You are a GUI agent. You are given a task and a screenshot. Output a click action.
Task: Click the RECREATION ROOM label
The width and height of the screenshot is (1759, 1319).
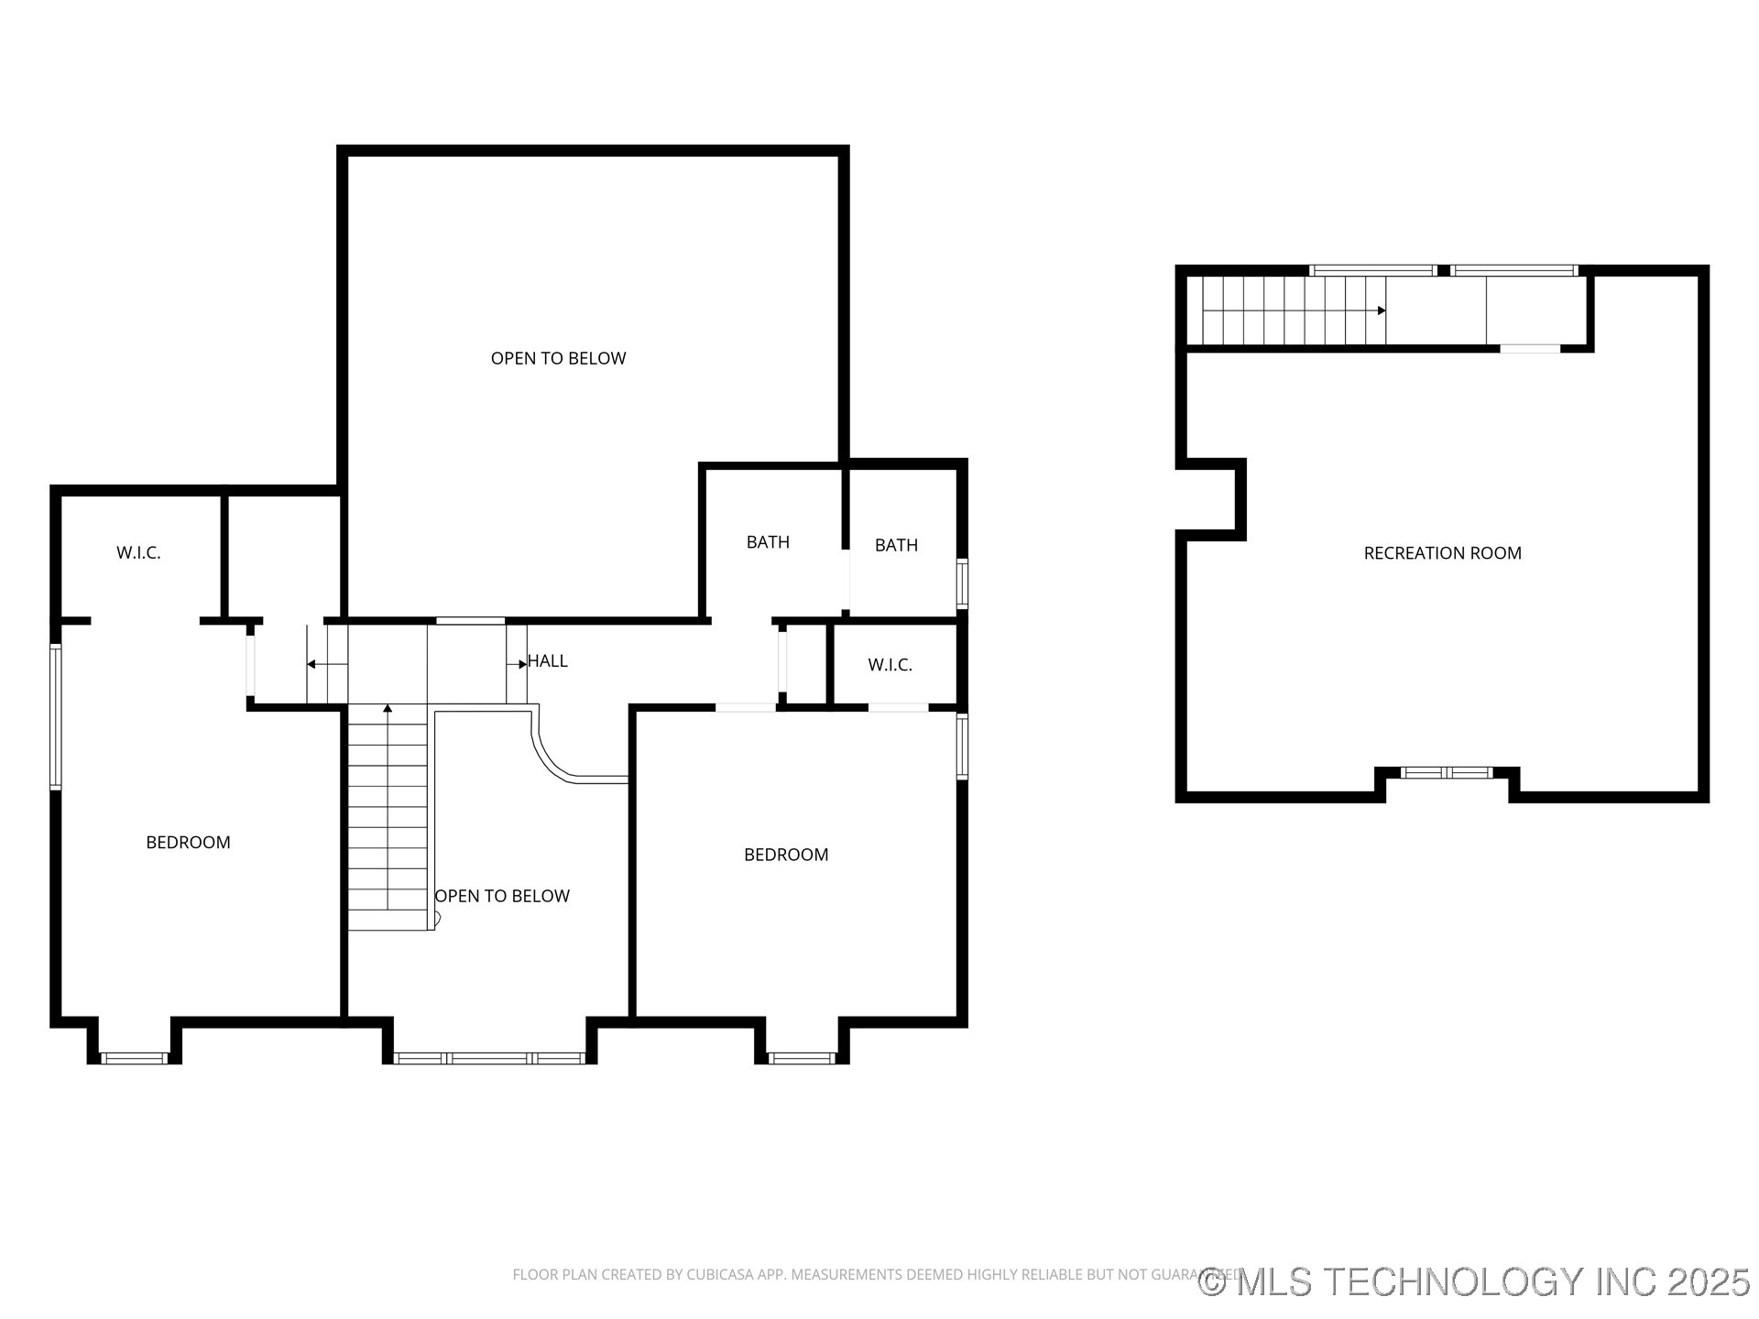(1442, 553)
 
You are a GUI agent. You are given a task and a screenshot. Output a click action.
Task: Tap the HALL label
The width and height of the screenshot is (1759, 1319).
(548, 661)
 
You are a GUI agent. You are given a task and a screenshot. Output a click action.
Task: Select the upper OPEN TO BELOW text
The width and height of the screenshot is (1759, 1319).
(558, 358)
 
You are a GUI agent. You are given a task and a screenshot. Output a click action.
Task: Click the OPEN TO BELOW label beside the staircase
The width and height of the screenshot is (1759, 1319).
(502, 896)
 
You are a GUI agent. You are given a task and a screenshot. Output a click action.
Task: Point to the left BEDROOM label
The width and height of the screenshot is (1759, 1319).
(188, 843)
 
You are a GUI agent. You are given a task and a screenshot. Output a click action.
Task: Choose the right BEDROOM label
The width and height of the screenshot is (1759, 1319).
(786, 855)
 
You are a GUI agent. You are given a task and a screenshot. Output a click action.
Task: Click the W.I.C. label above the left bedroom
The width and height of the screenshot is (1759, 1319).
(138, 553)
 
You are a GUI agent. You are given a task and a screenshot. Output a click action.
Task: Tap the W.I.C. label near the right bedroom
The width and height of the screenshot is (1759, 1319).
(890, 665)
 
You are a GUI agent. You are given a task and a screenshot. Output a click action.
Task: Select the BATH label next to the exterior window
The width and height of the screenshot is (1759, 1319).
(896, 546)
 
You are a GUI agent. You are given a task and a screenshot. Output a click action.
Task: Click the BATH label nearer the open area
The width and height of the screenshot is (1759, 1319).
(768, 542)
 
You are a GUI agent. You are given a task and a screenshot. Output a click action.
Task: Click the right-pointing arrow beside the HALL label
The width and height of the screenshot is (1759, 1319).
(522, 664)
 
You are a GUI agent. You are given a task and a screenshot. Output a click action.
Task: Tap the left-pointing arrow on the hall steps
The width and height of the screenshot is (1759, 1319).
(312, 664)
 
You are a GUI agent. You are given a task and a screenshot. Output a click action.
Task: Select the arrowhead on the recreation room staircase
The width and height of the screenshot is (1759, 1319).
(1381, 311)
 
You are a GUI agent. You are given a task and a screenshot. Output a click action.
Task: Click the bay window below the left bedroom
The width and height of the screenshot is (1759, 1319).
(134, 1058)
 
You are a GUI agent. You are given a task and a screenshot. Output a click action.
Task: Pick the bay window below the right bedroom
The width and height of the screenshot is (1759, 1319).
(802, 1058)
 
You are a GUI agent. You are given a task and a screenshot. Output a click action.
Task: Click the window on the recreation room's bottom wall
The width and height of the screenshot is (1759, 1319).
(1448, 773)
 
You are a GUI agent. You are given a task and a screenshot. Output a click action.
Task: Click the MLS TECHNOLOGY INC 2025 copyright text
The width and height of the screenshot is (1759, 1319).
(1475, 1281)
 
